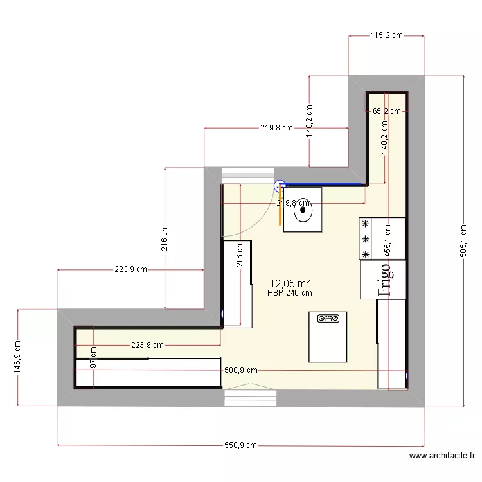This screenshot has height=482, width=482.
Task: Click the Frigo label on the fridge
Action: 384,280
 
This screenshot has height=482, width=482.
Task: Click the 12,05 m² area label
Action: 290,283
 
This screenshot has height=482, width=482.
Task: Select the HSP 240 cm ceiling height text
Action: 290,293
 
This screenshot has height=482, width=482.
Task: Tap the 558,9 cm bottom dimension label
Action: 240,445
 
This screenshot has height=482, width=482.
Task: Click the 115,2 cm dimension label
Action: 386,35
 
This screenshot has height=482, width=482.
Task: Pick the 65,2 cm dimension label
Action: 387,111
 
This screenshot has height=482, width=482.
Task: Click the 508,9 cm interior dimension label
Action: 241,370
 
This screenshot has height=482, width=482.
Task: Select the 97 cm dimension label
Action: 94,358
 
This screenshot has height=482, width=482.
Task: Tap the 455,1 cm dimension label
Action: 388,240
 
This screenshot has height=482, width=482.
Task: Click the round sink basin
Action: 303,209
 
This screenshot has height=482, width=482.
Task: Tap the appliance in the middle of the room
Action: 328,337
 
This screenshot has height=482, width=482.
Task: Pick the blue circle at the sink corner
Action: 280,186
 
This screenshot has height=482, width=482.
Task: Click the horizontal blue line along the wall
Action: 325,184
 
